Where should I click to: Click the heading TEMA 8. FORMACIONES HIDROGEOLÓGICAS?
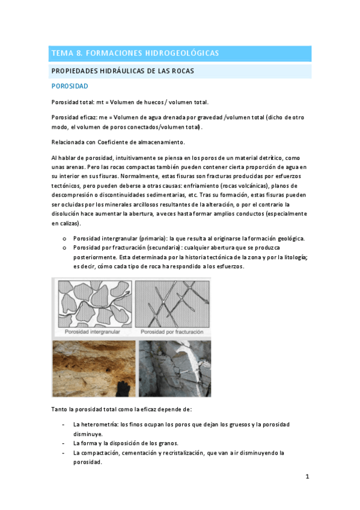coord(135,54)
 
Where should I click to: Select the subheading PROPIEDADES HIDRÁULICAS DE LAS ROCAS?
coord(131,72)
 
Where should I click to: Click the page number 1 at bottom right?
coord(307,477)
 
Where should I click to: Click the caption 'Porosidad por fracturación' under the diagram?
coord(172,332)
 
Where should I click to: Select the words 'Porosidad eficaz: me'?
coord(79,118)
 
